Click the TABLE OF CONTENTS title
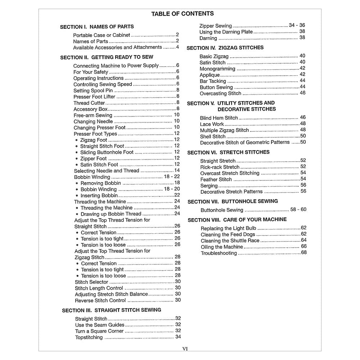pos(182,14)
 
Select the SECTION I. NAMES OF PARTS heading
pos(97,27)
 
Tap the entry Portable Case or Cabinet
pos(102,35)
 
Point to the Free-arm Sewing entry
pos(93,116)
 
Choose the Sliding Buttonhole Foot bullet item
pos(107,152)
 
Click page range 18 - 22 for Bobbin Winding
pos(172,177)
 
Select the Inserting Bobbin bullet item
pos(99,195)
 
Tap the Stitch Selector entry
pos(91,282)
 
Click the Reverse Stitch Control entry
pos(100,301)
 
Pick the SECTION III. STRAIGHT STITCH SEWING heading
pos(112,310)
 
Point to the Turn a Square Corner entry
pos(99,331)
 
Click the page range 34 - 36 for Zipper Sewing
pos(297,25)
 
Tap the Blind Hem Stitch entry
pos(219,118)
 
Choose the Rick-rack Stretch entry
pos(220,167)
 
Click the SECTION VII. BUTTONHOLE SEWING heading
pos(233,202)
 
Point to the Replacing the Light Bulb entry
pos(228,228)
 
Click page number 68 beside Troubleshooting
pos(303,253)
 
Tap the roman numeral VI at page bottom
pos(185,348)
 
